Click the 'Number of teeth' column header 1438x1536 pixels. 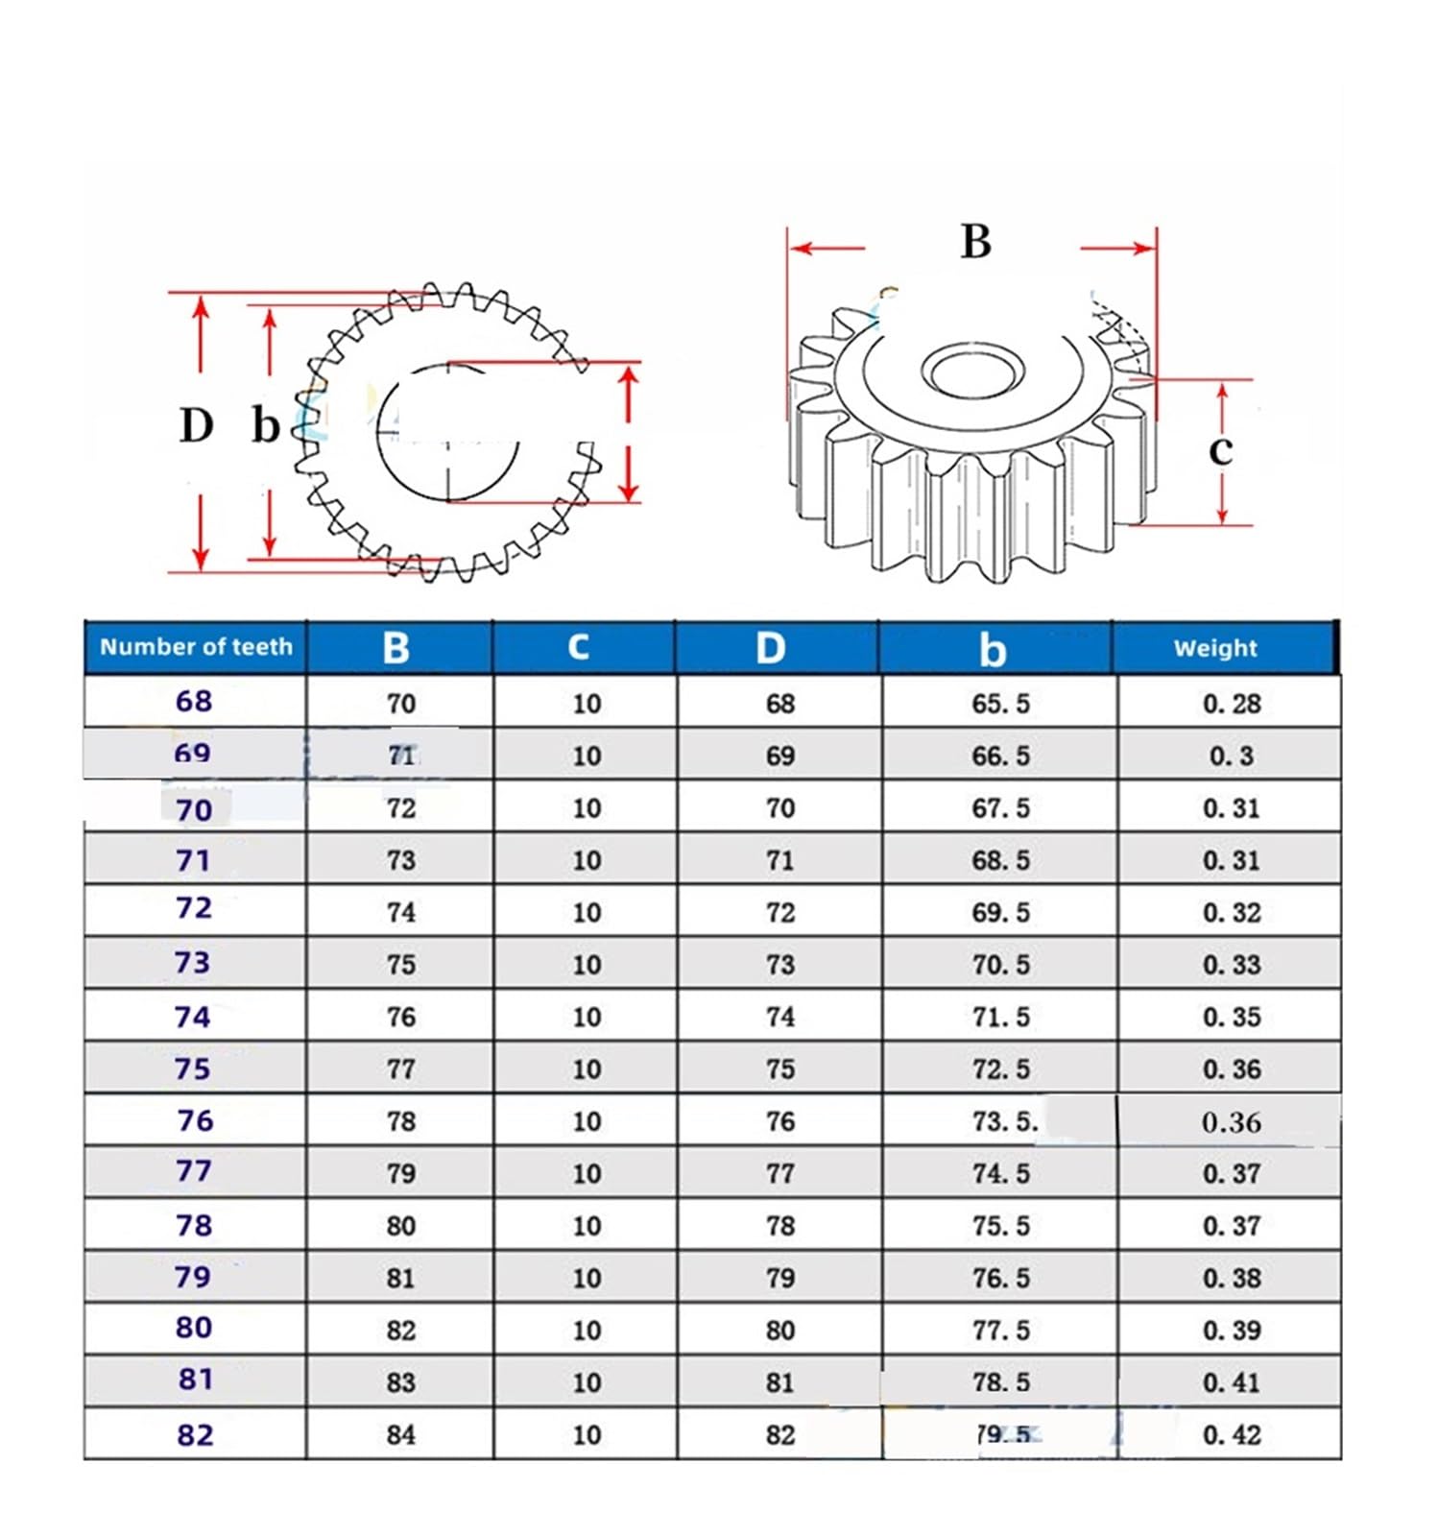[x=196, y=647]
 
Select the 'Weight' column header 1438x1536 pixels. [x=1214, y=648]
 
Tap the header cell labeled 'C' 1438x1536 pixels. [x=578, y=647]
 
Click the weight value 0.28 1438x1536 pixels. [x=1231, y=704]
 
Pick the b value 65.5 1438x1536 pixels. [x=1000, y=704]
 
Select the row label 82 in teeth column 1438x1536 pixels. [x=195, y=1435]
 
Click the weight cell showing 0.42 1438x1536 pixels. [x=1231, y=1435]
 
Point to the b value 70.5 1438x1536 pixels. [x=1000, y=965]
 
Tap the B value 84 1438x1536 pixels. [x=400, y=1435]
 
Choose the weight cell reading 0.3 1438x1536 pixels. [x=1231, y=756]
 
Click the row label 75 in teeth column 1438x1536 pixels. [x=193, y=1068]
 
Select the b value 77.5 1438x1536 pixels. [x=1000, y=1331]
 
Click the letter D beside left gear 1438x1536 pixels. [x=197, y=425]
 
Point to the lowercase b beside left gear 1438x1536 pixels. [x=265, y=425]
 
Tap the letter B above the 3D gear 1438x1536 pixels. [x=975, y=242]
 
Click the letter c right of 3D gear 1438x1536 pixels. [x=1220, y=449]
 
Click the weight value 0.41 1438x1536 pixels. [x=1231, y=1382]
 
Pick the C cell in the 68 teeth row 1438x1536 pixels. [x=586, y=704]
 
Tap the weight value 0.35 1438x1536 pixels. [x=1231, y=1017]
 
